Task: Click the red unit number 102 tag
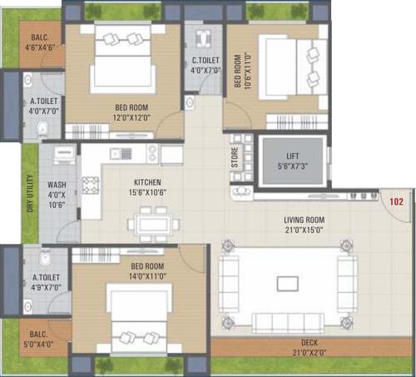point(396,200)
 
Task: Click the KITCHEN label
point(147,182)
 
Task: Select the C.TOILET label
point(205,60)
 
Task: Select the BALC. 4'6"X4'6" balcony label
point(41,43)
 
